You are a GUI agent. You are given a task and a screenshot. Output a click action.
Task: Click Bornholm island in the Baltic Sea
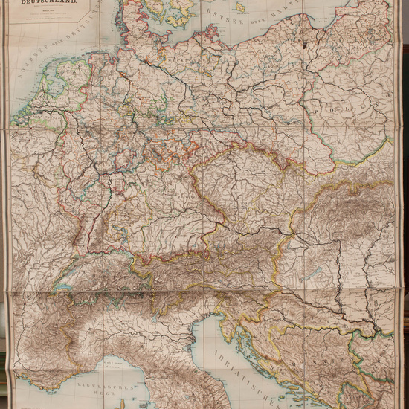[239, 8]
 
